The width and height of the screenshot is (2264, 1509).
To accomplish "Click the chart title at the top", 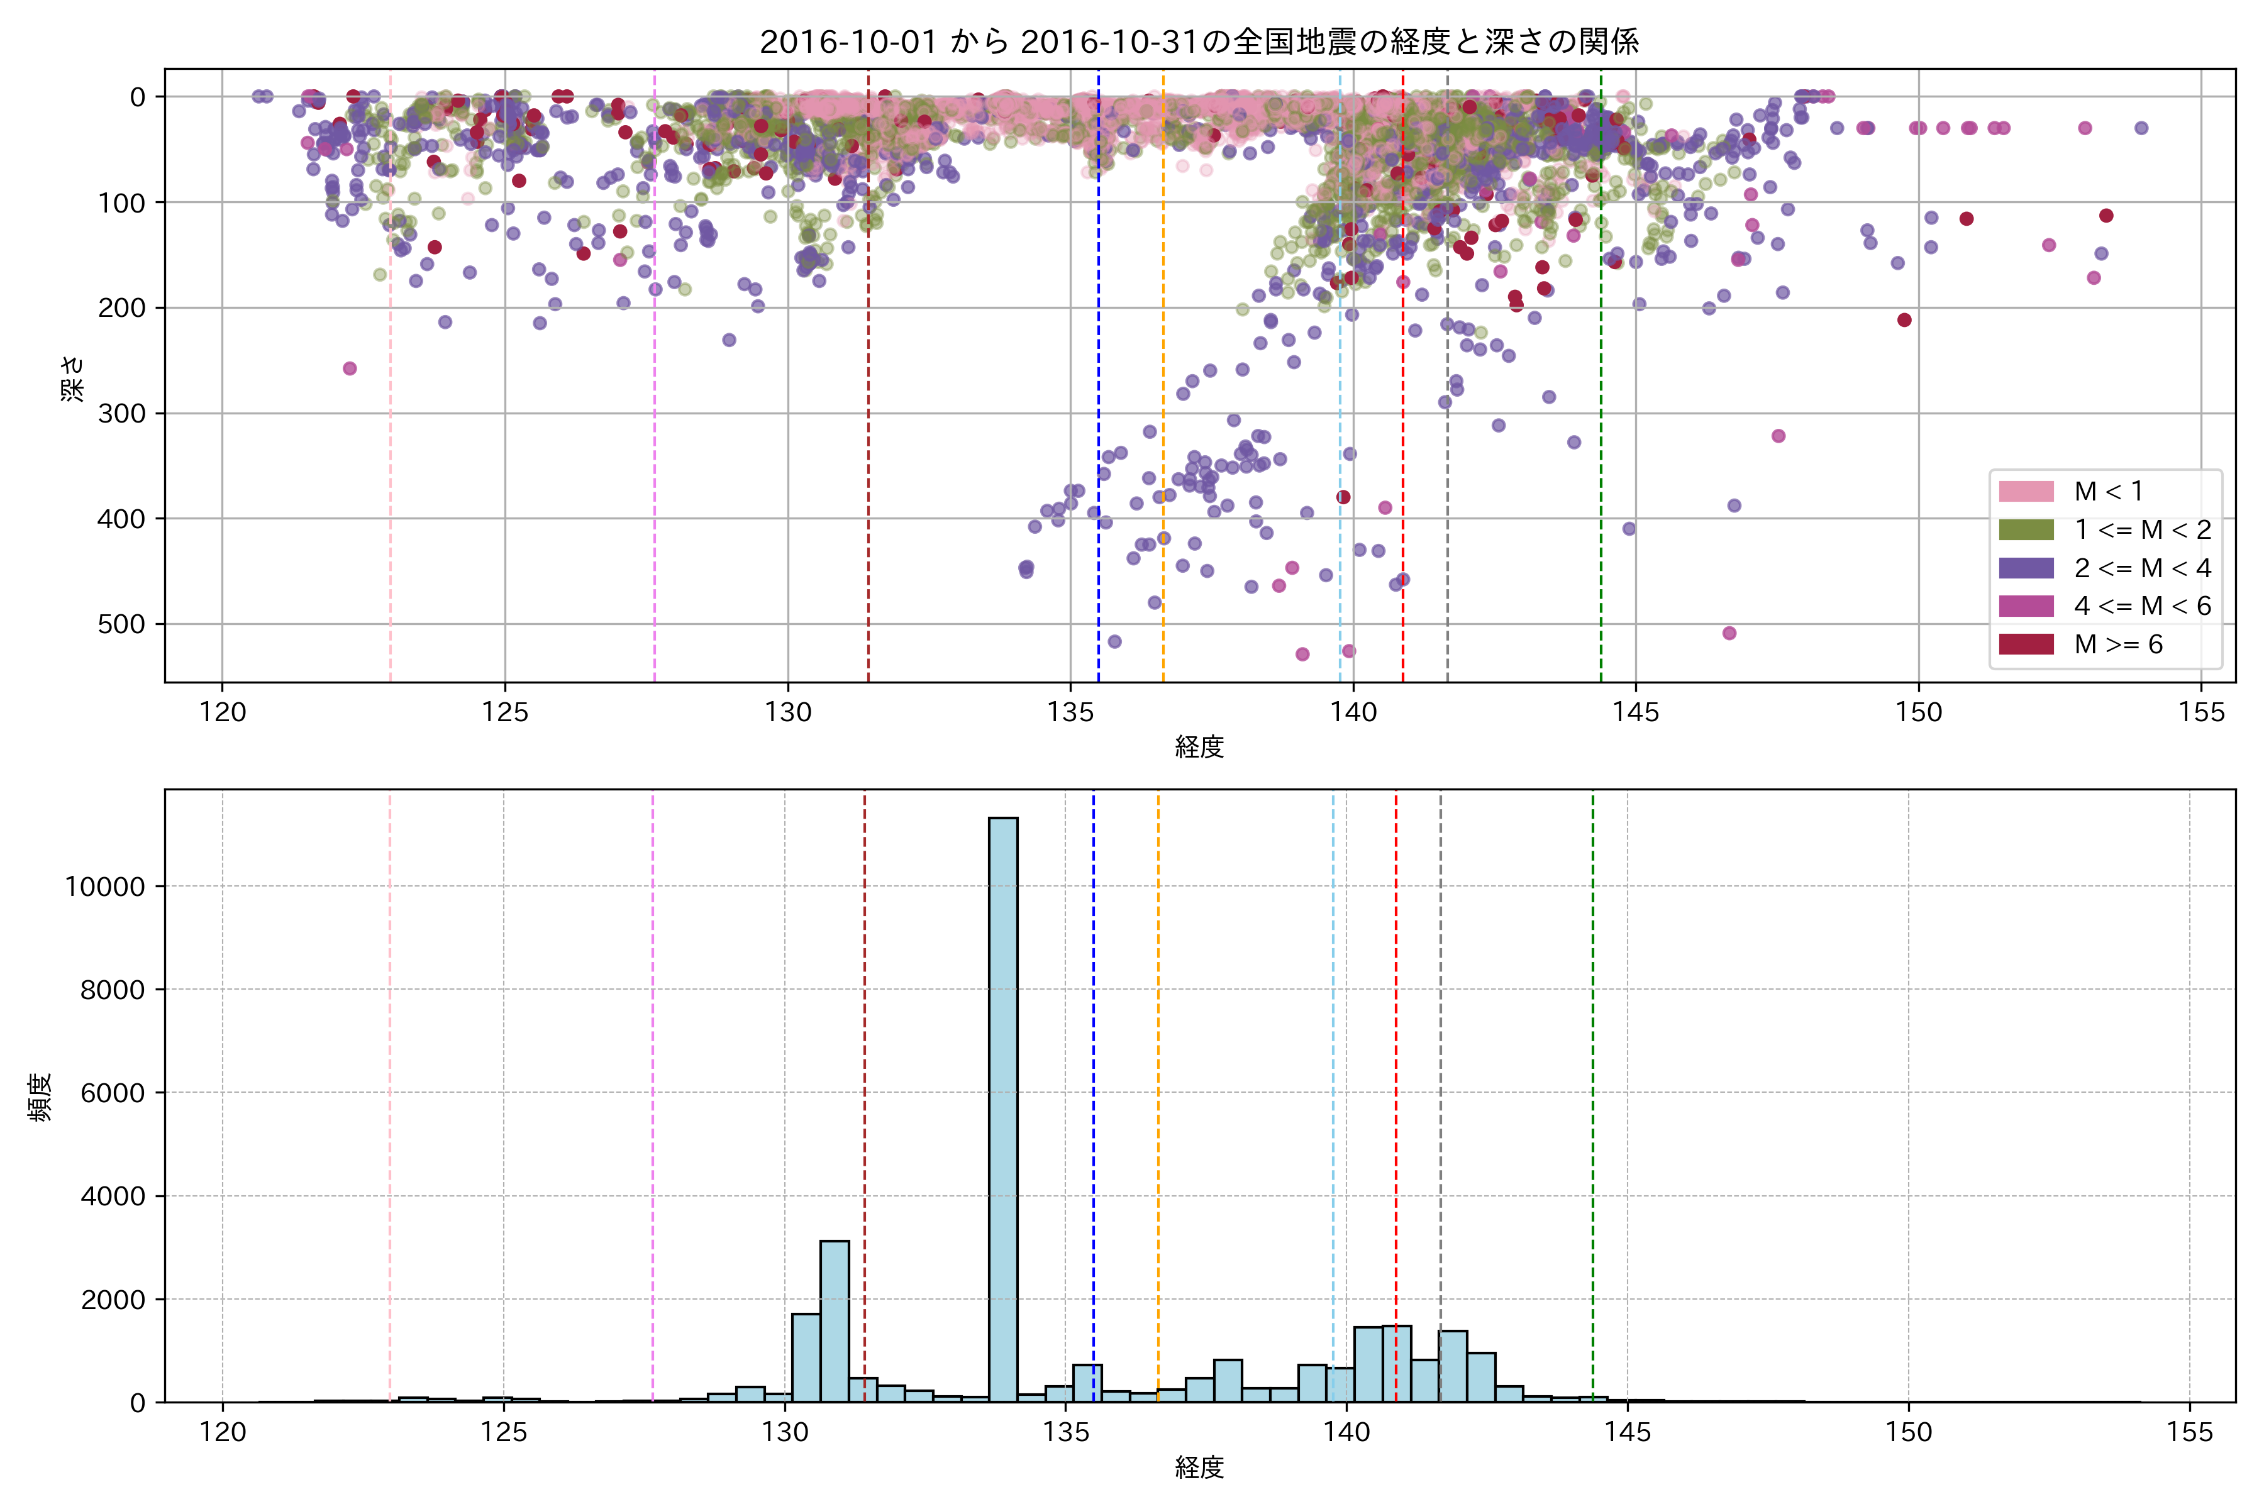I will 1199,41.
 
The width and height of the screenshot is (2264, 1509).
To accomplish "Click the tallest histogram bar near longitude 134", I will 1003,1107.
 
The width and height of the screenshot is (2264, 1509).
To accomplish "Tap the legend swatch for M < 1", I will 2026,492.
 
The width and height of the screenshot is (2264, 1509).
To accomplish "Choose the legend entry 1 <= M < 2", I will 2143,530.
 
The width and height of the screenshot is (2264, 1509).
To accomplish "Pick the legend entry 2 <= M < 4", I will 2143,568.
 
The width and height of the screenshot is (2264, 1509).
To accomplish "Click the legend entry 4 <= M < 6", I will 2143,606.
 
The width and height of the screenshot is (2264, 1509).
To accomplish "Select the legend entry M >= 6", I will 2117,645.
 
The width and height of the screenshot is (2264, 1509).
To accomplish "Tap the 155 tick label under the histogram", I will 2190,1432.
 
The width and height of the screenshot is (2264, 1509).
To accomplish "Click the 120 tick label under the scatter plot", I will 223,712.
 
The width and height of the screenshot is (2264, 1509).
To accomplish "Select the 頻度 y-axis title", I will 40,1097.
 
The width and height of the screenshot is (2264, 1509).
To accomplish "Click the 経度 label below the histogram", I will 1199,1468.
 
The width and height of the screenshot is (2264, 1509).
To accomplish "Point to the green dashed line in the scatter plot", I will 1601,385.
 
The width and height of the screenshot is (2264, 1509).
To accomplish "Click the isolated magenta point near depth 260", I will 350,368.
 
